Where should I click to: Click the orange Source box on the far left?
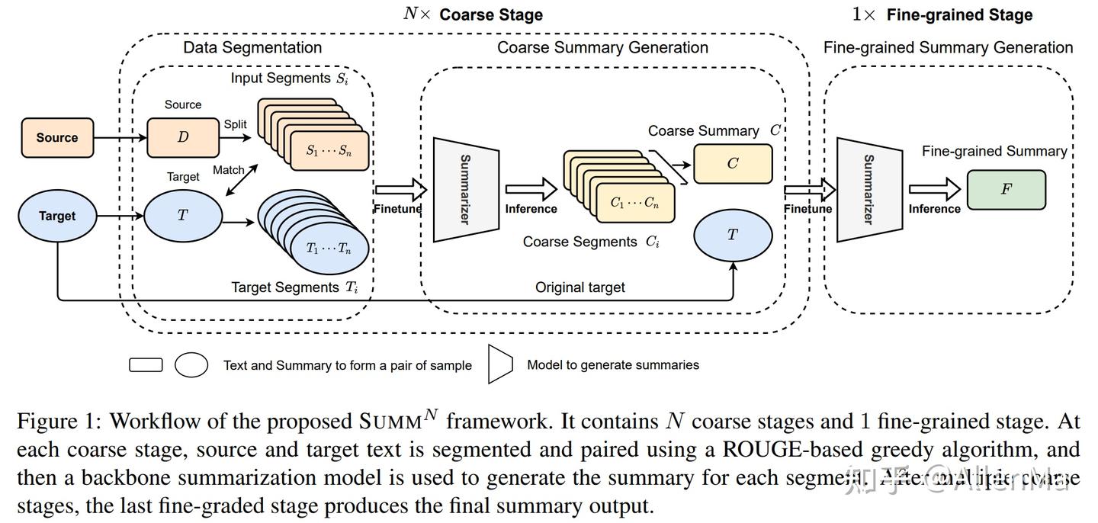57,138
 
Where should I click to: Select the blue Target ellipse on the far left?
57,216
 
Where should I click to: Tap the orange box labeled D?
183,138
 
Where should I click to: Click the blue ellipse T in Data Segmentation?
182,216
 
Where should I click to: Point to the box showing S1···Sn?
329,150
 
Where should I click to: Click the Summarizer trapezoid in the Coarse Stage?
465,189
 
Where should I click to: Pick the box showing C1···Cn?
634,203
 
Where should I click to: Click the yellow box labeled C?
732,164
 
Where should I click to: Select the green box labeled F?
1006,190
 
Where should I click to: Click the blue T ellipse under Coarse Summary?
732,236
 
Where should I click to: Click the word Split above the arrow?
235,124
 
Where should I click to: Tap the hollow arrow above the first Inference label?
531,188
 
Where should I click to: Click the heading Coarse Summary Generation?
602,47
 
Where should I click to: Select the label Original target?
579,287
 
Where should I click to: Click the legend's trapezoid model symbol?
499,364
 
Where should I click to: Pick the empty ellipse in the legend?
191,365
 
